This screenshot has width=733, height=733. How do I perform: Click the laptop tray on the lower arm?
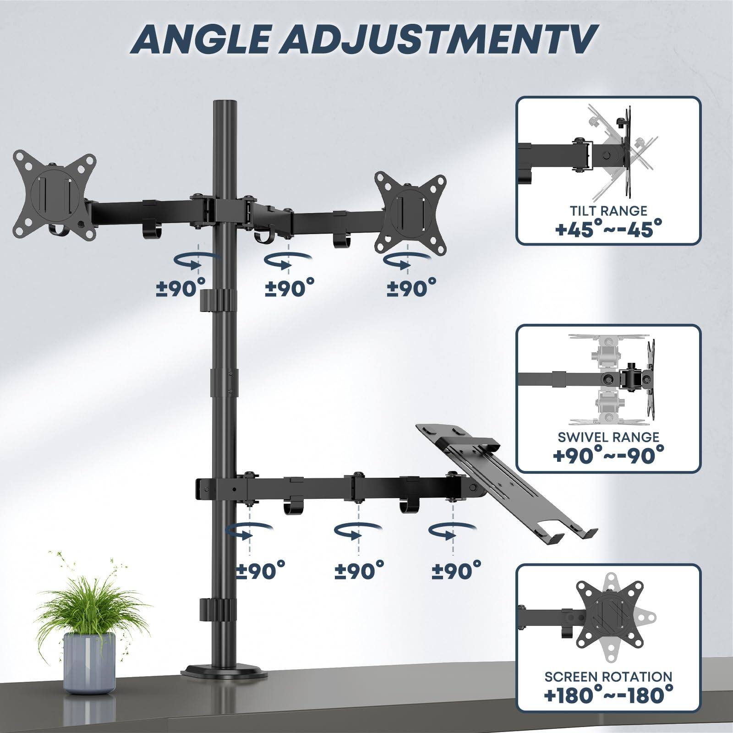tap(509, 481)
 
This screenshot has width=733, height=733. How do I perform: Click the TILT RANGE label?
tap(608, 211)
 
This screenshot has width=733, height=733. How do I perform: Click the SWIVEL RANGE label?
tap(608, 437)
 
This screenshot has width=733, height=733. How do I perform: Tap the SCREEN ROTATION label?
tap(608, 677)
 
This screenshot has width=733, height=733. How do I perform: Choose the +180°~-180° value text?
tap(608, 695)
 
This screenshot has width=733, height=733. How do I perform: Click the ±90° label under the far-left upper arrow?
tap(181, 289)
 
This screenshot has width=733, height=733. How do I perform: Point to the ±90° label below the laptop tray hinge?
tap(457, 570)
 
